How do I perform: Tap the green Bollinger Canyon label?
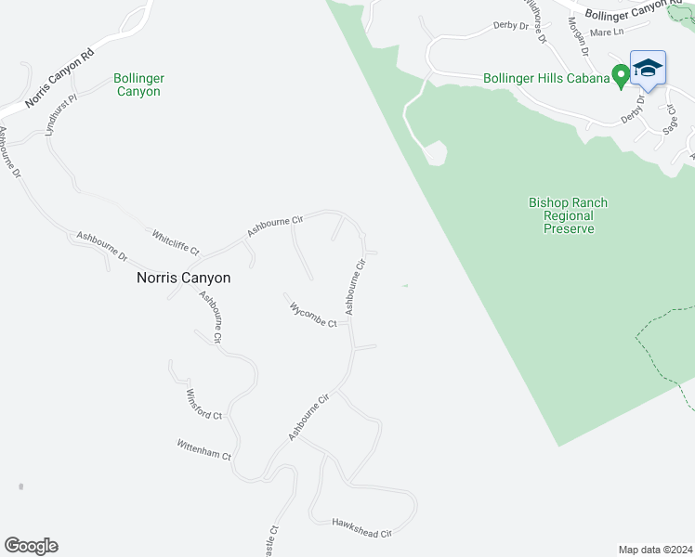[x=138, y=85]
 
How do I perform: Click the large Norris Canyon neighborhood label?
[x=183, y=278]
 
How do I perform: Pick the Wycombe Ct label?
[x=312, y=315]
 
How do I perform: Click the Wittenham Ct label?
[x=203, y=449]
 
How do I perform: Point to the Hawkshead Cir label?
[x=362, y=528]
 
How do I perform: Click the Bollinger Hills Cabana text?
[x=546, y=78]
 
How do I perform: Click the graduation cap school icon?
[x=648, y=68]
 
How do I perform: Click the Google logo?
[x=31, y=546]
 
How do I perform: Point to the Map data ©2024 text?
[x=654, y=550]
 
